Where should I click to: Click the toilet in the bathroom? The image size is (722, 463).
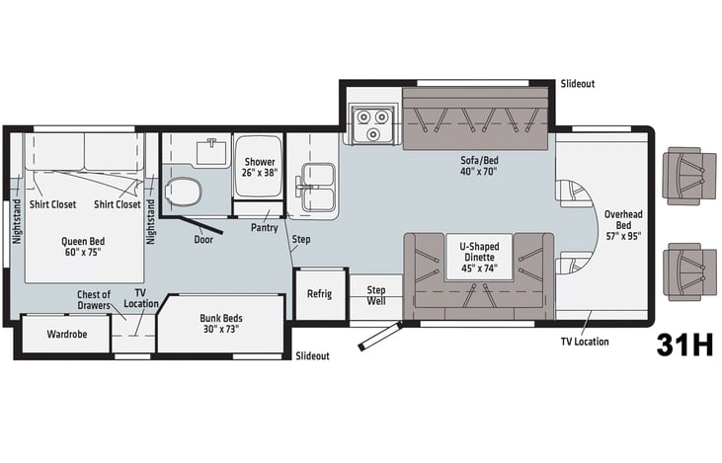tap(184, 192)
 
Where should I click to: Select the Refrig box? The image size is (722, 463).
tap(320, 293)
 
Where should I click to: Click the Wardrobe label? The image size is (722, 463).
tap(67, 334)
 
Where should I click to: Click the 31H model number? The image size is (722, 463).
tap(684, 345)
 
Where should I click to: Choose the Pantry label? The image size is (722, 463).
tap(265, 228)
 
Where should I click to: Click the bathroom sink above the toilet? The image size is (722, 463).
tap(211, 152)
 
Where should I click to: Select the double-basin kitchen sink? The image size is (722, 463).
tap(317, 188)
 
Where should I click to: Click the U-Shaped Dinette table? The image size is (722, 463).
tap(479, 258)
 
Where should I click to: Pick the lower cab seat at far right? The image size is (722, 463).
tap(689, 272)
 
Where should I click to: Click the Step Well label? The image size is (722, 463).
tap(376, 295)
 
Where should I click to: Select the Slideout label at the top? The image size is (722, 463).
tap(578, 84)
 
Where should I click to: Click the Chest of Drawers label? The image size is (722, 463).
tap(94, 300)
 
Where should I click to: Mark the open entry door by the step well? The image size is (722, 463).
tap(379, 337)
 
